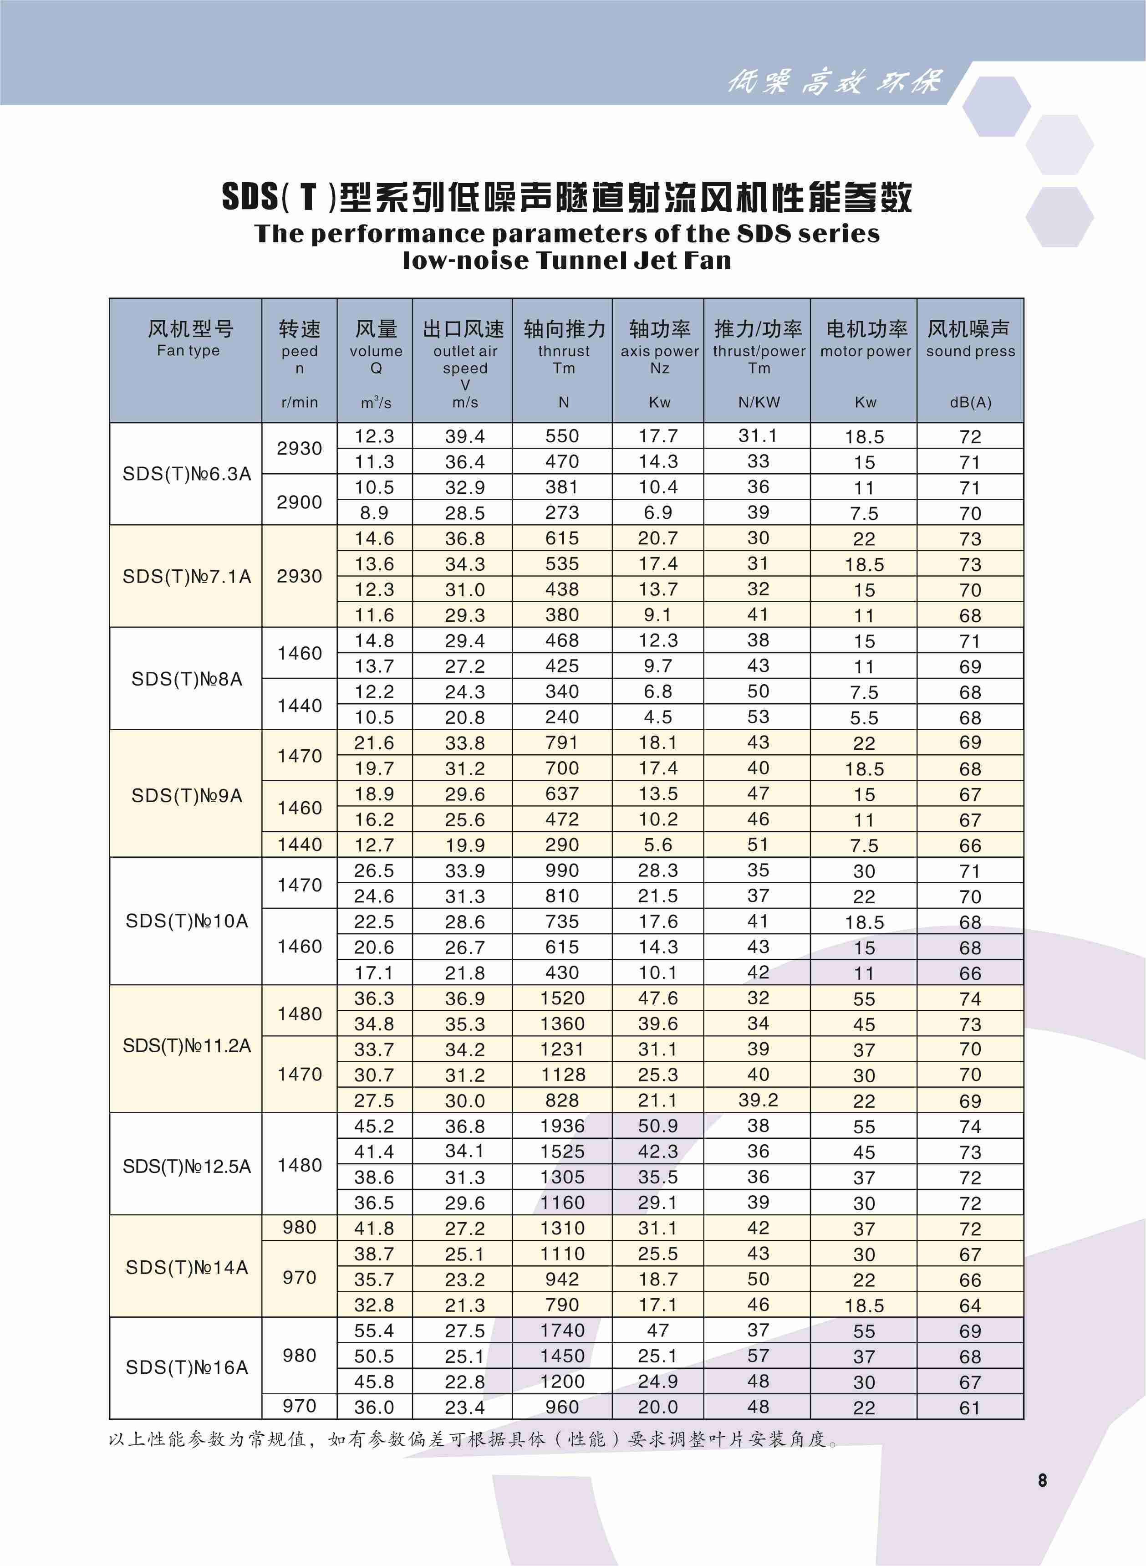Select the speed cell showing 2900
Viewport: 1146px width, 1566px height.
coord(299,502)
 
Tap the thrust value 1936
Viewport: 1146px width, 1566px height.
coord(562,1126)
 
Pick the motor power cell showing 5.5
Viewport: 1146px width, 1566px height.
coord(864,717)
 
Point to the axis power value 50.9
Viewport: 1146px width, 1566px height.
coord(657,1126)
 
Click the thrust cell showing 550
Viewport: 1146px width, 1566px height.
coord(562,436)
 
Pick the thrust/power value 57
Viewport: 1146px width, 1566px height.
coord(758,1356)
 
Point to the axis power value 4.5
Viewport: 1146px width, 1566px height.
coord(657,717)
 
